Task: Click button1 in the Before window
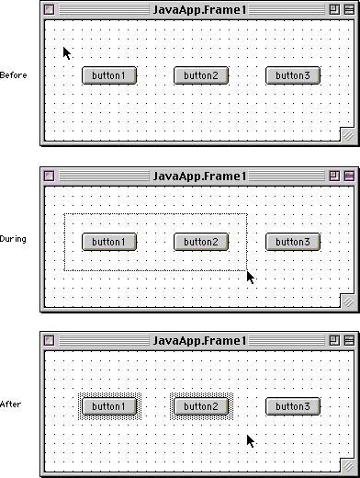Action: pos(109,75)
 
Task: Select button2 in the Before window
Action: pos(201,75)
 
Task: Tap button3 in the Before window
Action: pos(293,75)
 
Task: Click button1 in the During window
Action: pos(109,242)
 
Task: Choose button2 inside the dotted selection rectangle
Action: pos(201,242)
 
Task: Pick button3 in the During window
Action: pos(293,242)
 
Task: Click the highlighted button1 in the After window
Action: pos(109,406)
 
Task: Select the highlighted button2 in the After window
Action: pos(201,406)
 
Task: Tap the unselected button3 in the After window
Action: pos(293,406)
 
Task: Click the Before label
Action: pos(13,75)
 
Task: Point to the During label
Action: pos(13,239)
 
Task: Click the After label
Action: pos(11,404)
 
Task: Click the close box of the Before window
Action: pos(49,10)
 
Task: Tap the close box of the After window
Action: pos(49,340)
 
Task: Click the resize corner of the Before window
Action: pos(347,135)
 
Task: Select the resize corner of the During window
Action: pos(347,302)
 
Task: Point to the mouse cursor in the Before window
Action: pos(67,53)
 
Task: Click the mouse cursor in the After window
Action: pos(251,441)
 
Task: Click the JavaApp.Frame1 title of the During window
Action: pos(199,176)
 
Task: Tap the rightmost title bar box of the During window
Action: pos(349,176)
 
